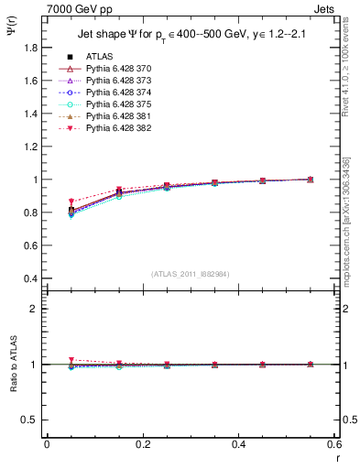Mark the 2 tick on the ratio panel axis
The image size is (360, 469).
[35, 309]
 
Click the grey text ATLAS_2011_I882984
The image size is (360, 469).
[190, 274]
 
